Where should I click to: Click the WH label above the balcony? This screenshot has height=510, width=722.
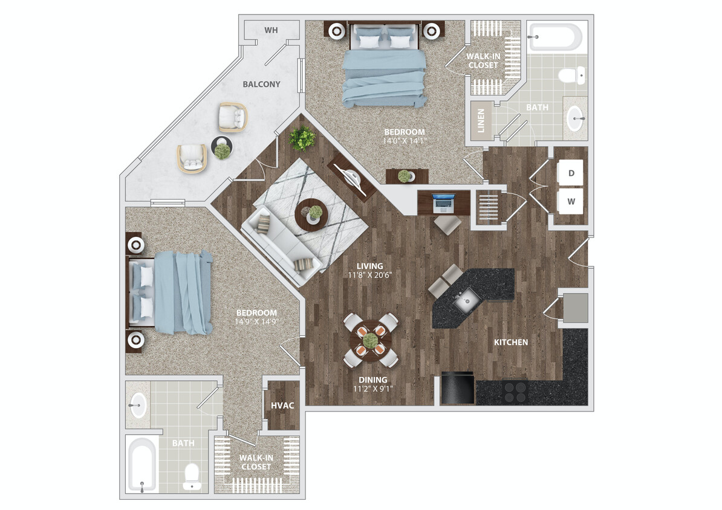(271, 30)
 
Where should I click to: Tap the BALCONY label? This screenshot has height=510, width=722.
(261, 84)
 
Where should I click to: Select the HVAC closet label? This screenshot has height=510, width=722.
(282, 405)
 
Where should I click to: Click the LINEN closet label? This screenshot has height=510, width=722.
(481, 121)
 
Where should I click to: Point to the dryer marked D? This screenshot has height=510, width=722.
(570, 173)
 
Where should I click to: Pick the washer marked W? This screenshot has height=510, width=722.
(570, 201)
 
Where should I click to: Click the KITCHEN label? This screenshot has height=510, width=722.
(510, 342)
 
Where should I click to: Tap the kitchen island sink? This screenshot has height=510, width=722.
(467, 301)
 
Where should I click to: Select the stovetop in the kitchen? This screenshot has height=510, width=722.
(515, 392)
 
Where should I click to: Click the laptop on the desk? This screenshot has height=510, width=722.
(443, 203)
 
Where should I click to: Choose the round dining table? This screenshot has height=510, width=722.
(370, 341)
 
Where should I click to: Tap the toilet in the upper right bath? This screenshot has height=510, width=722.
(573, 75)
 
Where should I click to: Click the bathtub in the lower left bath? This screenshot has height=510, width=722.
(142, 465)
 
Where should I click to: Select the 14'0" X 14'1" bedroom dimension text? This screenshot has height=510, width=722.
(405, 141)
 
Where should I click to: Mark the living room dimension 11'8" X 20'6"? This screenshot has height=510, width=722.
(369, 275)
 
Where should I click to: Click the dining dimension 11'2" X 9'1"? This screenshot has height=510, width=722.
(373, 389)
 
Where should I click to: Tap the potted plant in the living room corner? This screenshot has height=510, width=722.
(302, 138)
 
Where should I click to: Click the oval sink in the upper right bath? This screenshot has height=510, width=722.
(575, 118)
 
